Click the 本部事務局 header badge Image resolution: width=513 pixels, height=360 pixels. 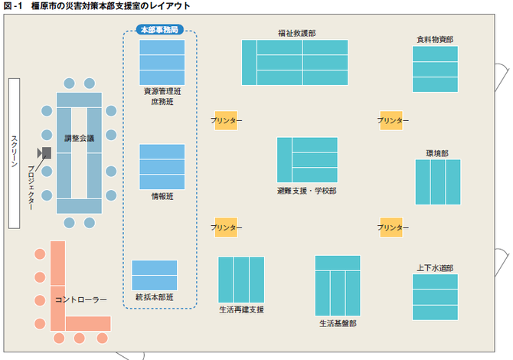[x=160, y=30]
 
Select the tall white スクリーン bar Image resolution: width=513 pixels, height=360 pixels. [x=14, y=152]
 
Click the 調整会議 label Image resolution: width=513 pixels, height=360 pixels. [x=79, y=139]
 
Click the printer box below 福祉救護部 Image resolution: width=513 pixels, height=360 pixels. [x=226, y=121]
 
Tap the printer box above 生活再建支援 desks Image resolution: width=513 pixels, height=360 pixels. [x=226, y=227]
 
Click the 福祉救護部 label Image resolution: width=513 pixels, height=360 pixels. [x=296, y=34]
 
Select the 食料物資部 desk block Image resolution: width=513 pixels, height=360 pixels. [x=435, y=69]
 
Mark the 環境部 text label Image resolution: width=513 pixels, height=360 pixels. [x=437, y=153]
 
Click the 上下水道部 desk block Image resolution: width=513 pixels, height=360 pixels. [x=435, y=296]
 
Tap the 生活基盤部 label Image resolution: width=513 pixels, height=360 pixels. [x=338, y=323]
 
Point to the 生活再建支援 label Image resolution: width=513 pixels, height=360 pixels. [x=241, y=309]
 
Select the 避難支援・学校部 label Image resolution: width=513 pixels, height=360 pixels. [x=306, y=190]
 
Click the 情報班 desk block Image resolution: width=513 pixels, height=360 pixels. [x=162, y=166]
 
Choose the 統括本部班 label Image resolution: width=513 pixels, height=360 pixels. [x=155, y=296]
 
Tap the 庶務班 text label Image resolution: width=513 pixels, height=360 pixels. [x=162, y=101]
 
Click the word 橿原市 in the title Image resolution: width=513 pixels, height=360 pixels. [x=43, y=6]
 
